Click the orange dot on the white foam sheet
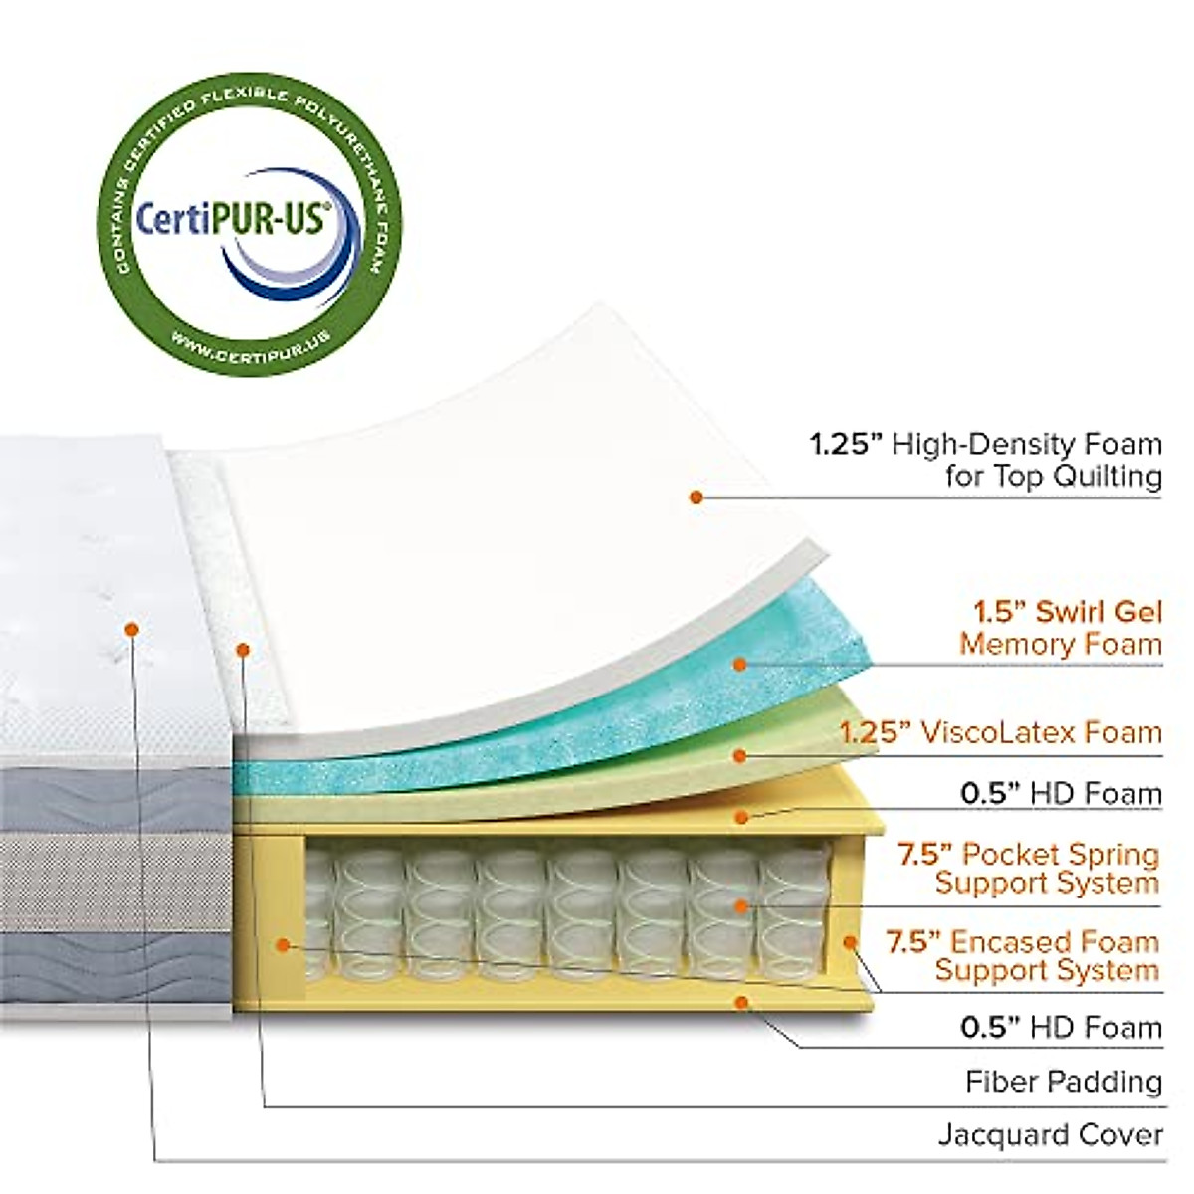696,496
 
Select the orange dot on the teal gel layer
738,663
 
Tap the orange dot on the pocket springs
740,905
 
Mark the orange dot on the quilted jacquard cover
131,629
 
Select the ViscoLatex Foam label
999,733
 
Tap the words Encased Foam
1055,941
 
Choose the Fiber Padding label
1063,1081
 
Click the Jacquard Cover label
1050,1133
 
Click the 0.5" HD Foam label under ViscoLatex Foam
1060,793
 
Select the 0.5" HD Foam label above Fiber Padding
1060,1027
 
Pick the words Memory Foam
1060,644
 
